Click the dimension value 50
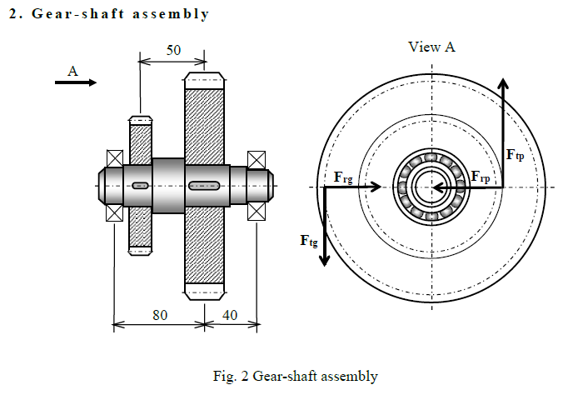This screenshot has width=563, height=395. point(173,50)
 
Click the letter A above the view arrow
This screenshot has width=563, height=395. point(72,72)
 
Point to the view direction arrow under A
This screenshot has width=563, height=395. point(76,82)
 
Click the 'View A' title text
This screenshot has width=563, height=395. point(431,47)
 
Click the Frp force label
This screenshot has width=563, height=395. point(486,177)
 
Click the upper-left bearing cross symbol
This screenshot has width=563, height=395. point(113,158)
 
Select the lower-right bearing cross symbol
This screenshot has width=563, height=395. point(257,212)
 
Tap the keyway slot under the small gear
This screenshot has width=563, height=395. point(140,185)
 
